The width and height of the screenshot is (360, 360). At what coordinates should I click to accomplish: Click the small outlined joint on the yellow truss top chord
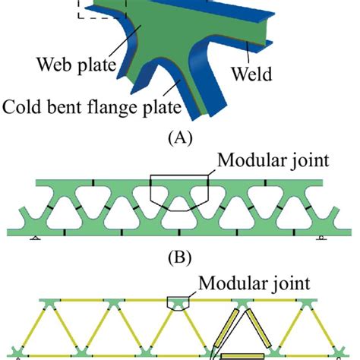(177, 303)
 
